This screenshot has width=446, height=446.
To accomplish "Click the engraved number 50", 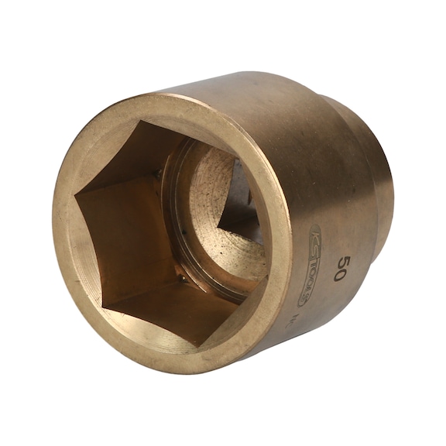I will (x=339, y=266).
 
